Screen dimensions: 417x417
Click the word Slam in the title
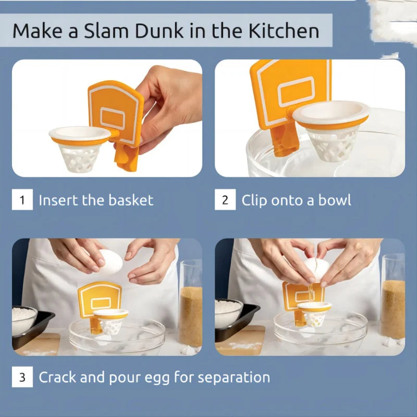coord(106,31)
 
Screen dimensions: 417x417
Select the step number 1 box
coord(22,200)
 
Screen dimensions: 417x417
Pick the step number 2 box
coord(225,200)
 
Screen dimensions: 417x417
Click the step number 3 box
coord(22,377)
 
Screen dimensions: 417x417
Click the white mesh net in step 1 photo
coord(80,158)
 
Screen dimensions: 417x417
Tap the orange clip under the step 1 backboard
coord(126,158)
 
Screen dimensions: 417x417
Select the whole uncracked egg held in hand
coord(109,262)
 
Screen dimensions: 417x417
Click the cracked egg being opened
coord(316,269)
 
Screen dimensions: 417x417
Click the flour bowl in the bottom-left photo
coord(24,319)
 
